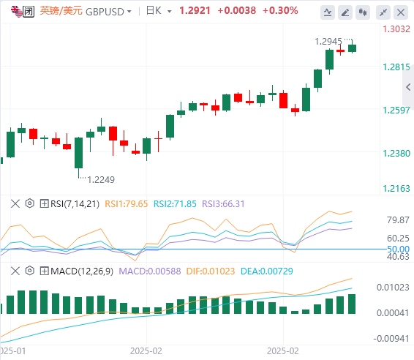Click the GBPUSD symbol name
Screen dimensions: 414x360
pyautogui.click(x=105, y=12)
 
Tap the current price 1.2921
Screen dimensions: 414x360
pyautogui.click(x=195, y=11)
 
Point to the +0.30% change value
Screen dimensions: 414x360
pyautogui.click(x=280, y=11)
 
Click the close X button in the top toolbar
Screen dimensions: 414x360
pyautogui.click(x=401, y=12)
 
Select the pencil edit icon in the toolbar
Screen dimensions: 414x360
pyautogui.click(x=345, y=12)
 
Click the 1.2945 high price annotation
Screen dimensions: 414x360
pyautogui.click(x=328, y=42)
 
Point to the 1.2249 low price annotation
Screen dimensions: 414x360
pyautogui.click(x=101, y=180)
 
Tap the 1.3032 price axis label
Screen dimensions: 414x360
pyautogui.click(x=396, y=29)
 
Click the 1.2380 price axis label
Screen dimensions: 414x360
pyautogui.click(x=396, y=154)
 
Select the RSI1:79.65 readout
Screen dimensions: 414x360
pyautogui.click(x=127, y=204)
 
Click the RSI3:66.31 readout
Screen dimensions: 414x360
pyautogui.click(x=223, y=204)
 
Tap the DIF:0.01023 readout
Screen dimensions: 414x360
pyautogui.click(x=211, y=271)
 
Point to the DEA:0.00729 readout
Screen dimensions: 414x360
pyautogui.click(x=267, y=271)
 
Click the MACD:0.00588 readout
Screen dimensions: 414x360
pyautogui.click(x=150, y=271)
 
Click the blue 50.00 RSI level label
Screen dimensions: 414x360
pyautogui.click(x=398, y=249)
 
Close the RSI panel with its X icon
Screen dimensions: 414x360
pyautogui.click(x=15, y=204)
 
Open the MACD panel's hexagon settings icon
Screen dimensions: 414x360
pyautogui.click(x=30, y=271)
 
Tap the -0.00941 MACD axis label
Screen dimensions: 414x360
pyautogui.click(x=391, y=339)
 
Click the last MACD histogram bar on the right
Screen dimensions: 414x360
pyautogui.click(x=352, y=304)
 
